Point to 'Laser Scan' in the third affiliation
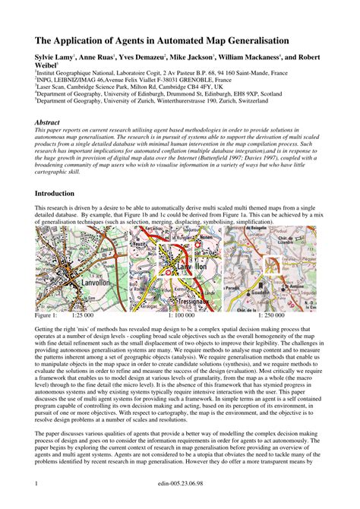(x=52, y=87)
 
